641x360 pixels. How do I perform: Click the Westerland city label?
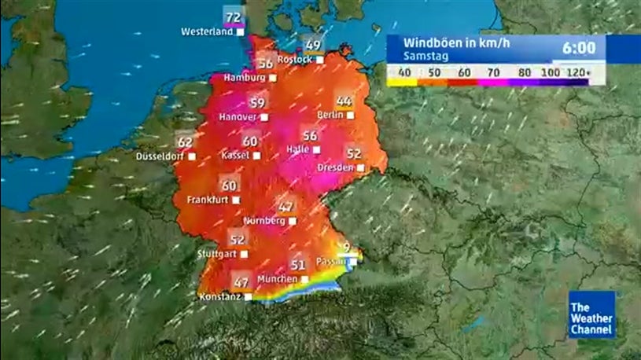(x=207, y=32)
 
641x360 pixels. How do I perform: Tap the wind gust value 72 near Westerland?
(x=234, y=17)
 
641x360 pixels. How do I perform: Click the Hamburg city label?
(x=245, y=78)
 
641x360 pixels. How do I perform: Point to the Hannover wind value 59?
(x=257, y=102)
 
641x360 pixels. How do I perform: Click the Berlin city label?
(x=330, y=115)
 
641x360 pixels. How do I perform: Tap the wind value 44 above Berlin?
(x=344, y=101)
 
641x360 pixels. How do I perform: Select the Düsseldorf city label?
(x=161, y=156)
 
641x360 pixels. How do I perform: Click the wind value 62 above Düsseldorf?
(x=186, y=142)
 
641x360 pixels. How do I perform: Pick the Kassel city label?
(x=234, y=155)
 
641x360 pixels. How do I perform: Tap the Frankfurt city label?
(x=208, y=200)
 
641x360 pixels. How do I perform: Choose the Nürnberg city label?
(x=265, y=221)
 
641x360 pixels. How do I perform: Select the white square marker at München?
(x=304, y=279)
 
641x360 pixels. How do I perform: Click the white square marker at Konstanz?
(x=249, y=297)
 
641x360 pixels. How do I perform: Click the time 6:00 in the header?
(x=579, y=48)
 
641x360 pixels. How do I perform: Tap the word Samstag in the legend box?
(x=422, y=57)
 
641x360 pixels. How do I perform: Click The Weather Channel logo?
(x=591, y=318)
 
